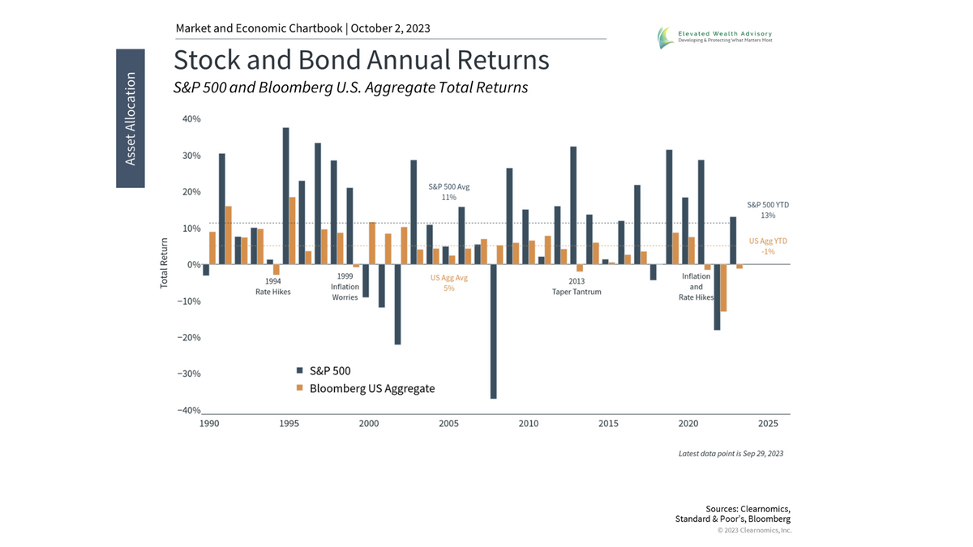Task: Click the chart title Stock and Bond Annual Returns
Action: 361,61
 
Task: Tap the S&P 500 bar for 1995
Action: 285,195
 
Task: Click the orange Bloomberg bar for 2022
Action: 723,288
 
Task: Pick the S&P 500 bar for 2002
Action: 397,304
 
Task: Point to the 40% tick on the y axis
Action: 191,119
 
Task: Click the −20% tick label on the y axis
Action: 189,338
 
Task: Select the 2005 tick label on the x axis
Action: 448,424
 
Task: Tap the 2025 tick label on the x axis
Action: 768,424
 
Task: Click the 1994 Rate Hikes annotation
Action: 272,287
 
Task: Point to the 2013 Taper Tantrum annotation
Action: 576,287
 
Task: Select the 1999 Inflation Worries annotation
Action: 345,287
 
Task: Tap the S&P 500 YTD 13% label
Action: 767,210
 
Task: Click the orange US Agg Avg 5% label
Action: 448,283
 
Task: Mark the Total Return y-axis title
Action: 165,263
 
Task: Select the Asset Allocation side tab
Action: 131,118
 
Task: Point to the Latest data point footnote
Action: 731,454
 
